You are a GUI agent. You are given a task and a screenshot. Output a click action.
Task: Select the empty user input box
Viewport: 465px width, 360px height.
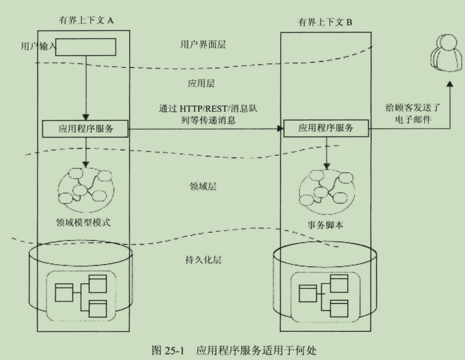87,48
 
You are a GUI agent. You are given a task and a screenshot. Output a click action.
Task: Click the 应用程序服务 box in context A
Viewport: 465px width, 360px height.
85,129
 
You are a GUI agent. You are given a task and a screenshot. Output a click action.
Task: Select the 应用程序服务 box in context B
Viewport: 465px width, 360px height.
325,128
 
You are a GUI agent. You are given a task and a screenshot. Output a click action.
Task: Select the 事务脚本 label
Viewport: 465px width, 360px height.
326,225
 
